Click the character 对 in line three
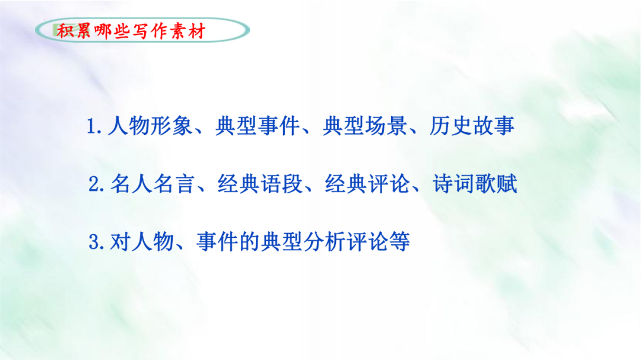[x=120, y=242]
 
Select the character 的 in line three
[x=249, y=242]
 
